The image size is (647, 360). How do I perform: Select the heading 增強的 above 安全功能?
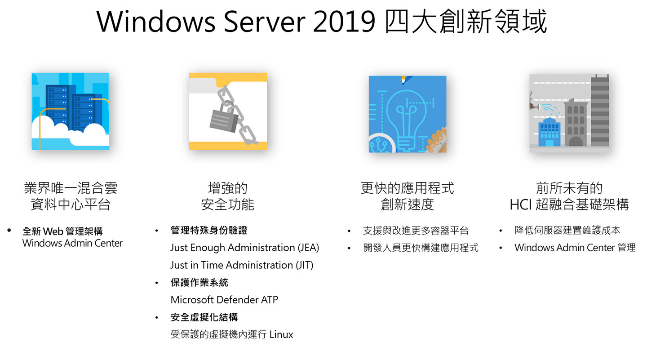(228, 188)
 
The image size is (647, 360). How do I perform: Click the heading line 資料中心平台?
(71, 205)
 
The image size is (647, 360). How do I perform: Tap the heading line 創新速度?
(408, 205)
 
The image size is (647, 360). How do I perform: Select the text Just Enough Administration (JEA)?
(244, 248)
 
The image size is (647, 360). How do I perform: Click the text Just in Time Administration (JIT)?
(242, 265)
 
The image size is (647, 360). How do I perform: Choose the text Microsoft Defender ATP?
(224, 300)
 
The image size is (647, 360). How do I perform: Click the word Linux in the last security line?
(281, 334)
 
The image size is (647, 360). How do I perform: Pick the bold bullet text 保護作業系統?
(199, 282)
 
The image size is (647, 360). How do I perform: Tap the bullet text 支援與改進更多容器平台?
(416, 231)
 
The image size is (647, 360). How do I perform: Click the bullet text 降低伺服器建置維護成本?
(567, 231)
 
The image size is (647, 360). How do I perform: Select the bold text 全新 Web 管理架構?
(62, 231)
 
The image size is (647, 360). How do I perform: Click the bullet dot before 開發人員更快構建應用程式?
(349, 248)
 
